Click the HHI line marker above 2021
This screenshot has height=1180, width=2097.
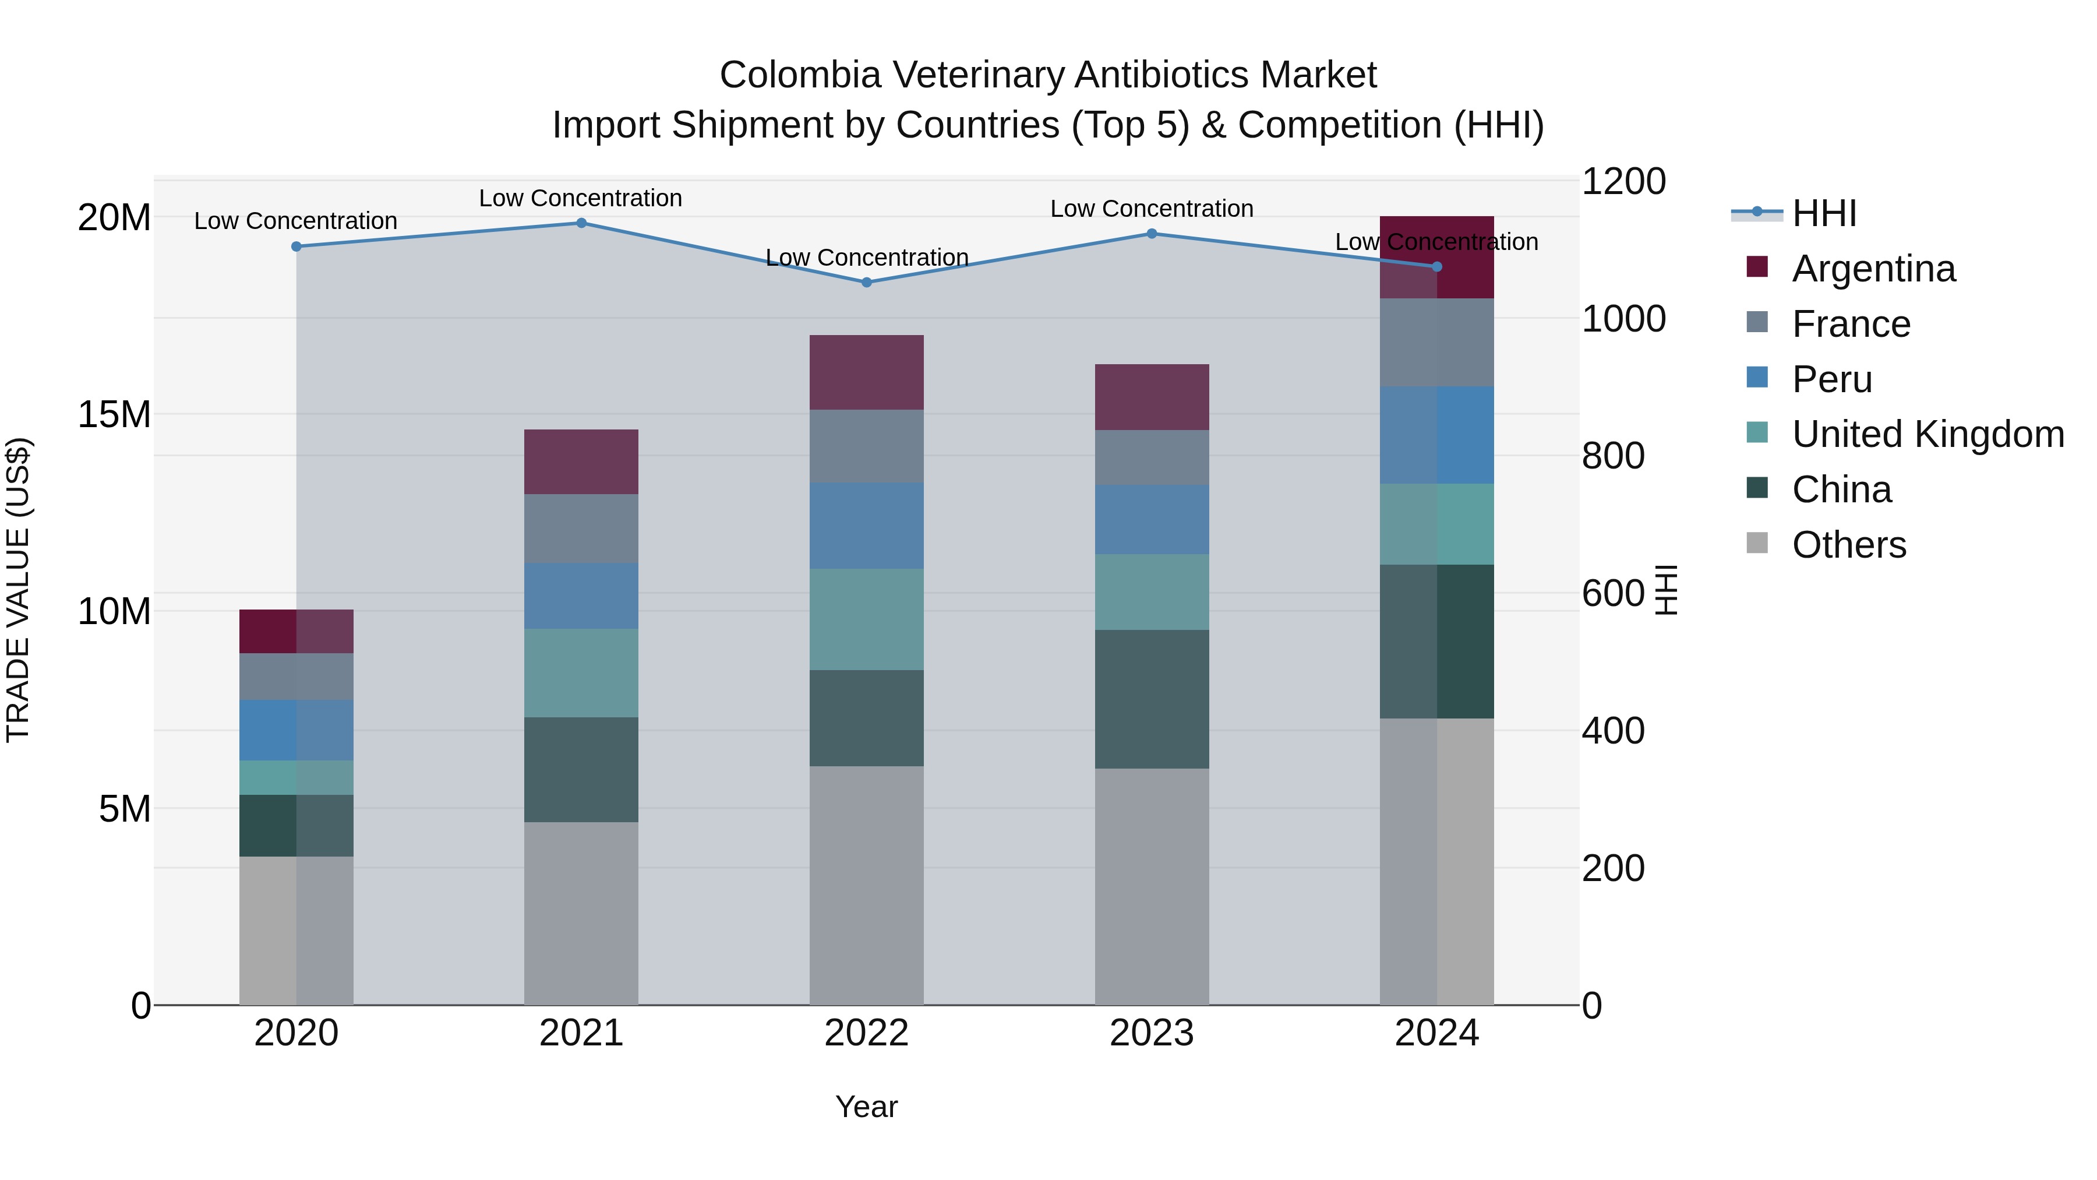(x=581, y=223)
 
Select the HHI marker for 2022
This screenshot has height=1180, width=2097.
(x=866, y=283)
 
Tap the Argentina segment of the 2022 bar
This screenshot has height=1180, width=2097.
(x=866, y=372)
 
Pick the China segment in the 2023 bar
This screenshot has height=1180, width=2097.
(x=1151, y=699)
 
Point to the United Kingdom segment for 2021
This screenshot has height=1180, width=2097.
(x=581, y=672)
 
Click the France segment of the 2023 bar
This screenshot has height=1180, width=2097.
(x=1151, y=457)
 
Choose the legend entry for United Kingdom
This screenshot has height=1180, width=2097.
(x=1927, y=435)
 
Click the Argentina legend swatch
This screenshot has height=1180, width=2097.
(x=1757, y=267)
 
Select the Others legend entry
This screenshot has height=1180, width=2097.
(x=1849, y=545)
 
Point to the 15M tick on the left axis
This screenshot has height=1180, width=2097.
(x=114, y=414)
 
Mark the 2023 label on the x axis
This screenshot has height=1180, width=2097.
(x=1151, y=1033)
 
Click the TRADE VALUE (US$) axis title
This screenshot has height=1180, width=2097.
(x=18, y=590)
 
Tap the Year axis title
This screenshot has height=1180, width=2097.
(x=866, y=1107)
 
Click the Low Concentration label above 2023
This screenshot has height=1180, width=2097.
(x=1151, y=209)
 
